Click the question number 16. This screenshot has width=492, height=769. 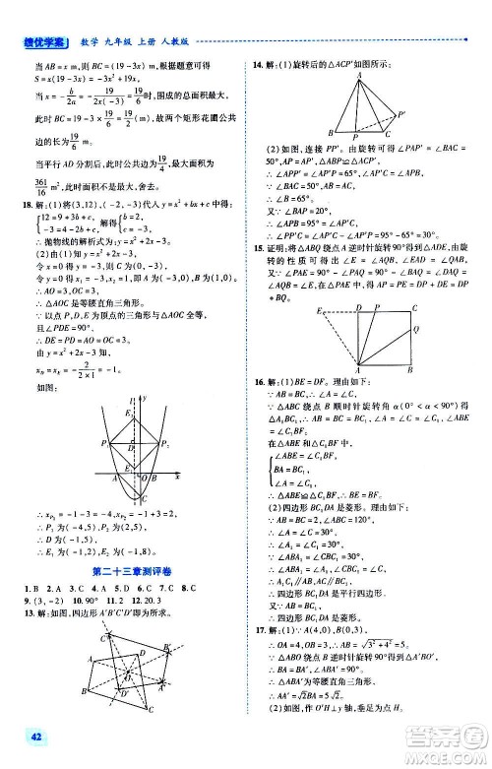[258, 379]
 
